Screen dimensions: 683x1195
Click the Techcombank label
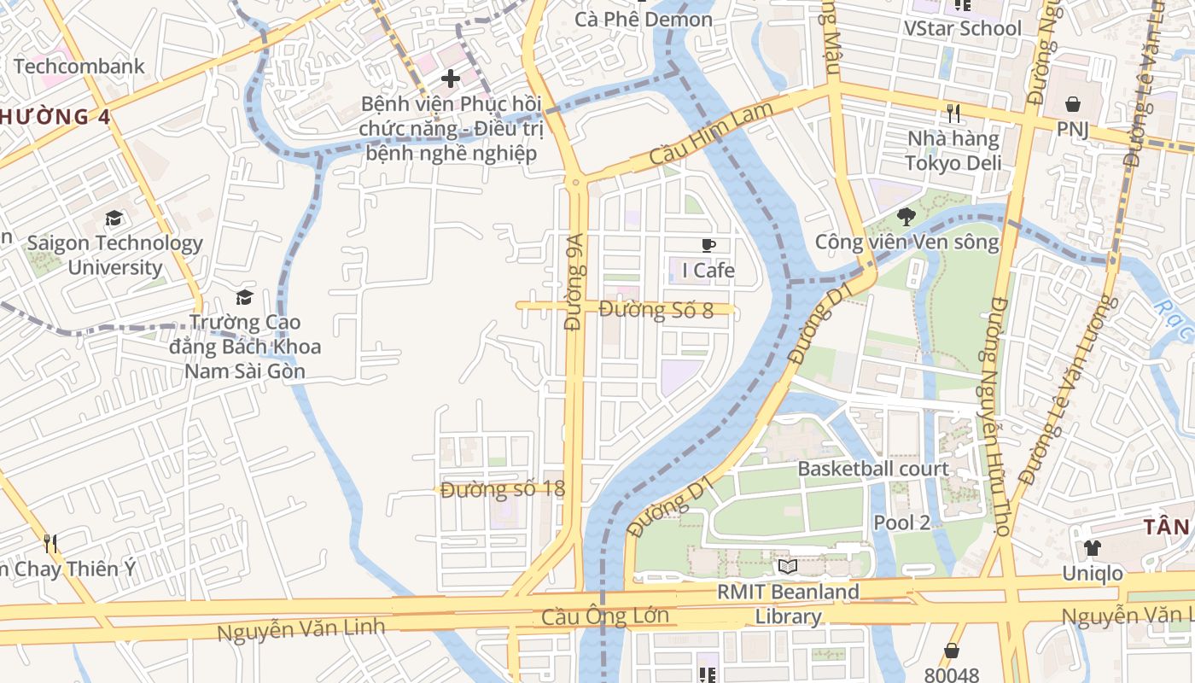(79, 66)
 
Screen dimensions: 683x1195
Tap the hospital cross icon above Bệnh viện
(450, 79)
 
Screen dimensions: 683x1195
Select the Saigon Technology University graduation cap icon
(114, 219)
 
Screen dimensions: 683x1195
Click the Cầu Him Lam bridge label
(710, 134)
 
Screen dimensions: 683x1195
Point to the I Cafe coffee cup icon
(708, 246)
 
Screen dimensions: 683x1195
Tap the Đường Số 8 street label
(656, 309)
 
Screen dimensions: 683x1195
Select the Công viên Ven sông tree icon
(906, 217)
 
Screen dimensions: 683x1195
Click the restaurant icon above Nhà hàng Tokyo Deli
(953, 113)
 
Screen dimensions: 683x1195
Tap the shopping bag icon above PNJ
(1072, 104)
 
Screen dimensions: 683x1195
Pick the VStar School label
(962, 28)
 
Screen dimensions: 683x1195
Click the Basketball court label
(872, 469)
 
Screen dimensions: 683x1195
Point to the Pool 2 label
(901, 522)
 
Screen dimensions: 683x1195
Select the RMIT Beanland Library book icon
(787, 566)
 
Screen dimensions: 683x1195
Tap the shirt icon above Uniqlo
(1092, 548)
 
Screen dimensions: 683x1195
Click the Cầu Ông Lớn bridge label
(605, 616)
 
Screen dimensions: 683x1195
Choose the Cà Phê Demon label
(644, 19)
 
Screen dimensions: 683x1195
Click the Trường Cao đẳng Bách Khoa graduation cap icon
(245, 297)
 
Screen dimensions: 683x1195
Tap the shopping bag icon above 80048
(951, 651)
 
